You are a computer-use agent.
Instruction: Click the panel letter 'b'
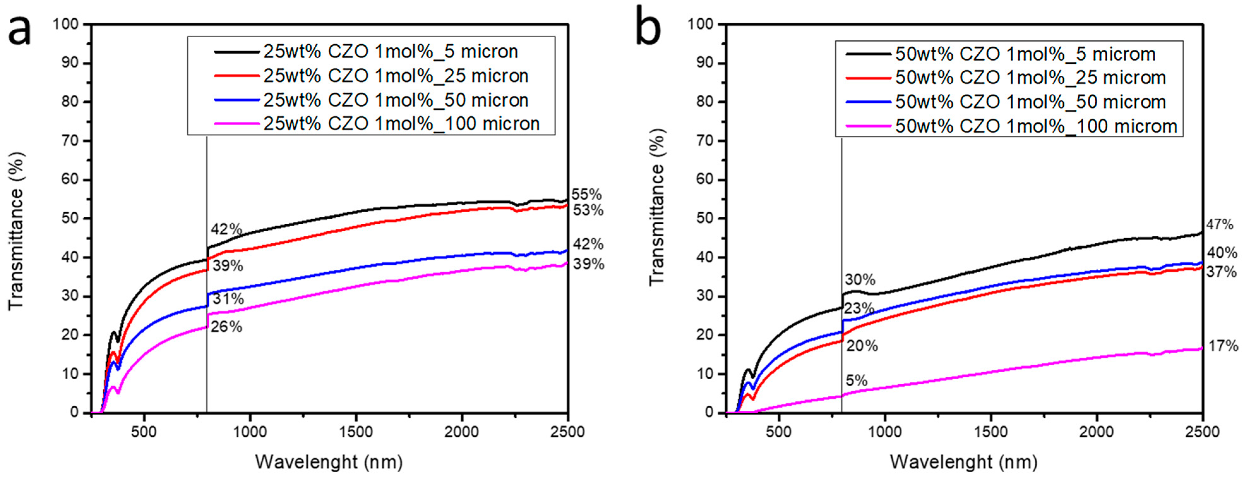[648, 27]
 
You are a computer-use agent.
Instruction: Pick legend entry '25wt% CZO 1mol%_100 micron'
[401, 124]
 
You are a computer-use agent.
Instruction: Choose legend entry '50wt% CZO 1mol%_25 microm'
[1030, 77]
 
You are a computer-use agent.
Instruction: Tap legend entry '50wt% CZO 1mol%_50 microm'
[1030, 102]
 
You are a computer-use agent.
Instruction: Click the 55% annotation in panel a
[587, 195]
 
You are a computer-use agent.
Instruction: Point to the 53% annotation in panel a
[588, 210]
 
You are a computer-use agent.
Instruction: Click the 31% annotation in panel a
[228, 299]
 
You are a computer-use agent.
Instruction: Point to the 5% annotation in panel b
[856, 381]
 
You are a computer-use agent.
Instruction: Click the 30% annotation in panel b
[860, 280]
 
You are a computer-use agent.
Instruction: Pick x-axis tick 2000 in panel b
[1096, 431]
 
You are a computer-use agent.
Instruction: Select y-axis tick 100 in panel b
[700, 24]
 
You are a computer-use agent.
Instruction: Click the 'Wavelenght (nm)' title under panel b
[963, 462]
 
